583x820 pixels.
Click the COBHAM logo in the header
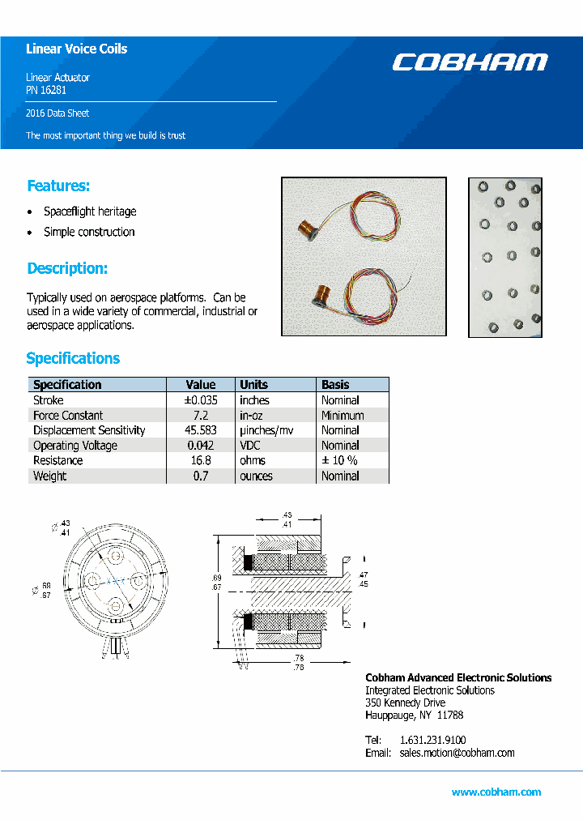pyautogui.click(x=470, y=62)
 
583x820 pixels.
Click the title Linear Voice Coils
pyautogui.click(x=76, y=49)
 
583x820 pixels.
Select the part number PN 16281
pyautogui.click(x=46, y=91)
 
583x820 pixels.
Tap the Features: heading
pyautogui.click(x=58, y=186)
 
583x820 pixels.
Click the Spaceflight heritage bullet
pyautogui.click(x=90, y=211)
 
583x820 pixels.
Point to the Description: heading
pyautogui.click(x=67, y=268)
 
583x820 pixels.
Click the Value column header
pyautogui.click(x=201, y=385)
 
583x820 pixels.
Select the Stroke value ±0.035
pyautogui.click(x=201, y=400)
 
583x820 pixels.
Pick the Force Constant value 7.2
pyautogui.click(x=201, y=415)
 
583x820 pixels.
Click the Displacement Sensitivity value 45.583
pyautogui.click(x=201, y=430)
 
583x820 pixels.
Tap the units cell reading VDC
pyautogui.click(x=251, y=446)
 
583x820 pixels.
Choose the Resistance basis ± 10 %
pyautogui.click(x=340, y=460)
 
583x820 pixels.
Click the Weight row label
pyautogui.click(x=50, y=476)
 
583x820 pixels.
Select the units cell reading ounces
pyautogui.click(x=256, y=476)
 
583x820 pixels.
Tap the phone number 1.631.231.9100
pyautogui.click(x=432, y=740)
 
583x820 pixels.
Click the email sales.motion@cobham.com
pyautogui.click(x=457, y=753)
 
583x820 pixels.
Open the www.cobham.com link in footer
pyautogui.click(x=496, y=792)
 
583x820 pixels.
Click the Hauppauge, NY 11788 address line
pyautogui.click(x=414, y=715)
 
